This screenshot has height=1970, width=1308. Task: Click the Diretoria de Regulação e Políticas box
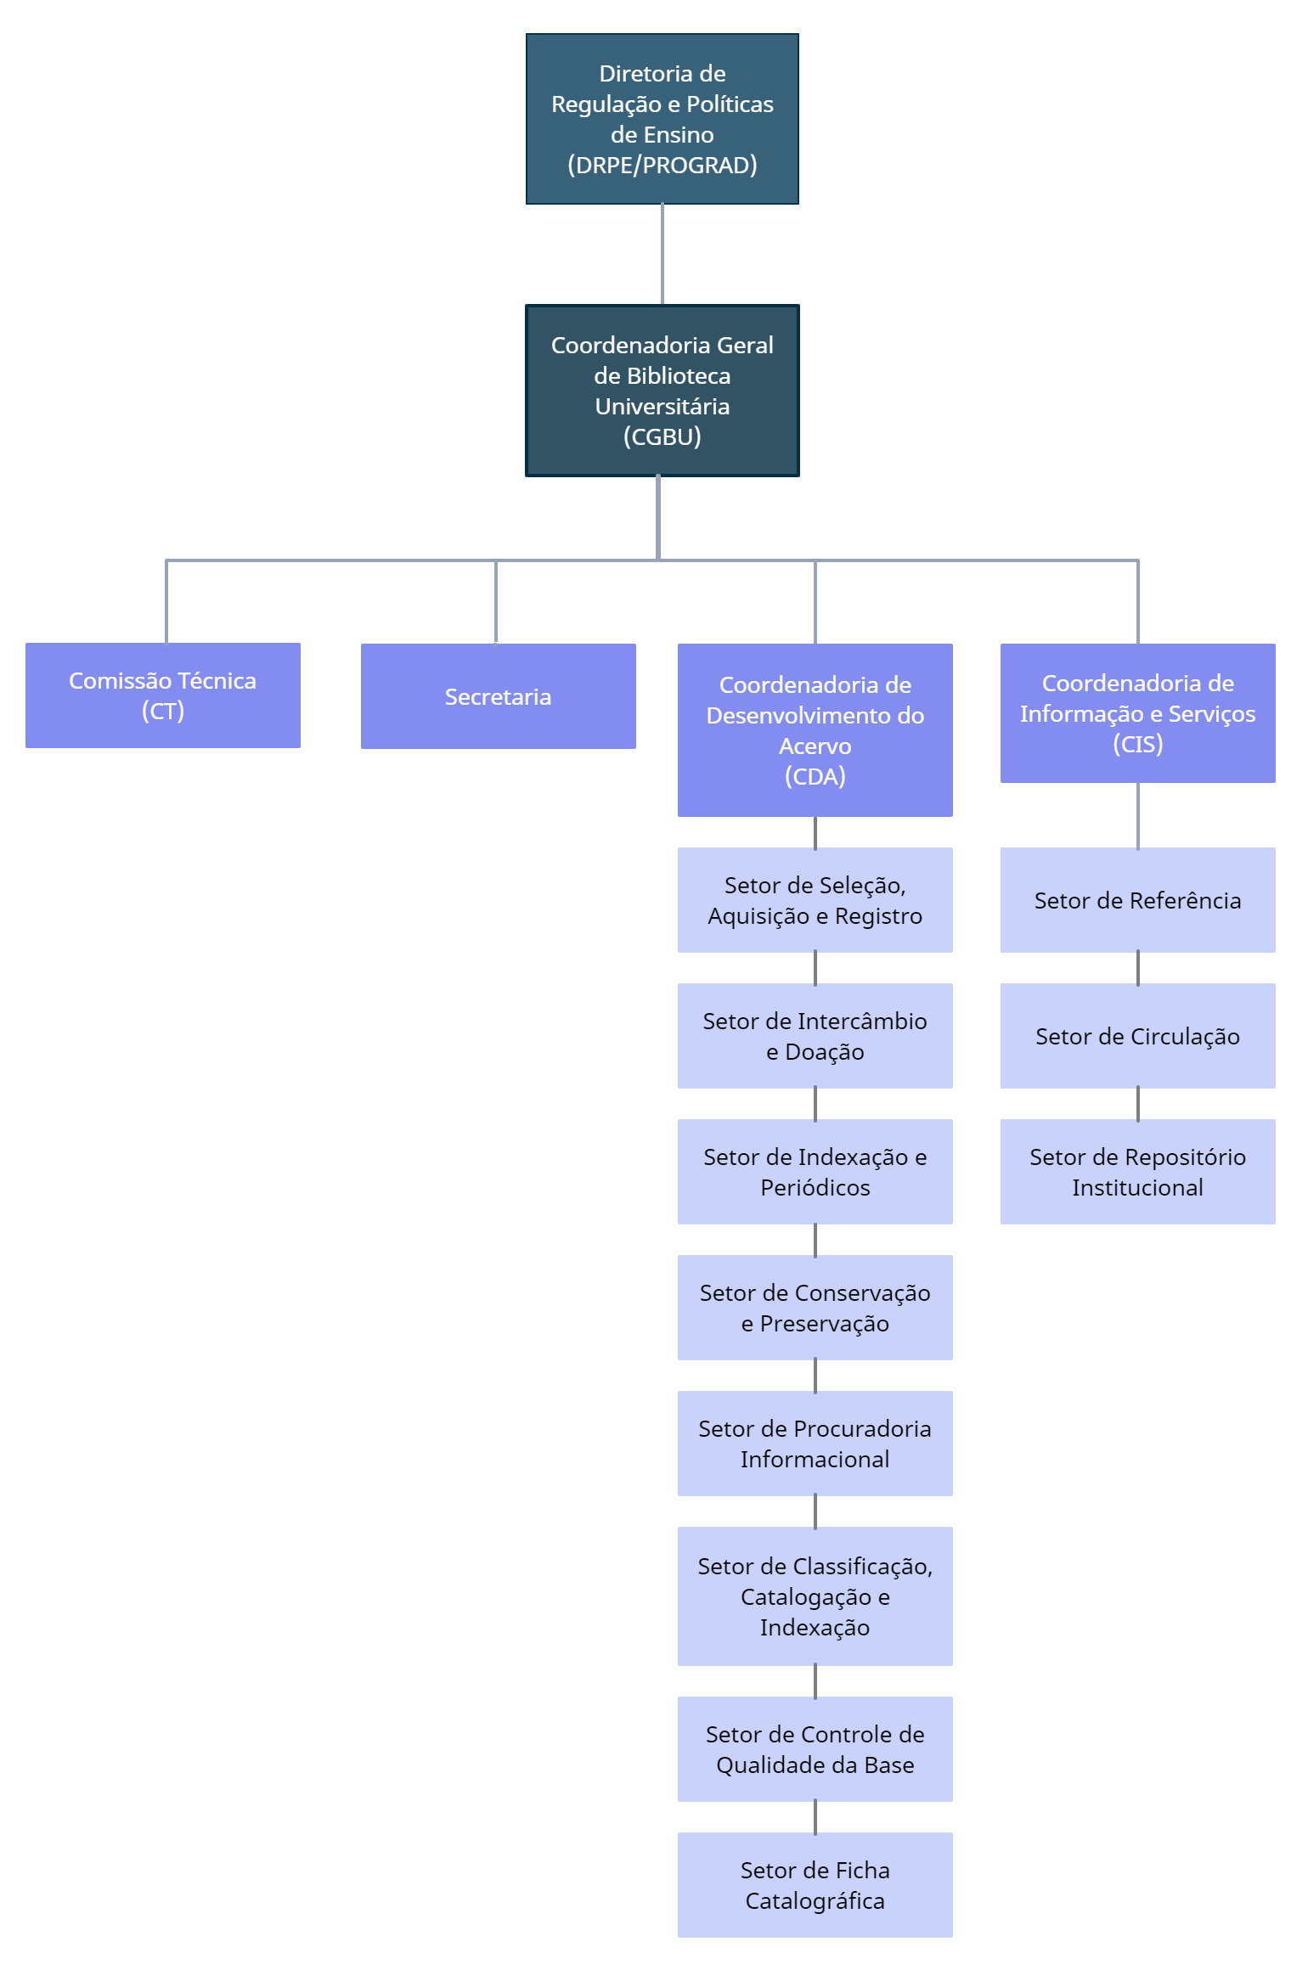click(662, 119)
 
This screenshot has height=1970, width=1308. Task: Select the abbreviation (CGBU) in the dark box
click(662, 436)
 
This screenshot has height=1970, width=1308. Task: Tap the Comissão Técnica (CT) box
click(162, 695)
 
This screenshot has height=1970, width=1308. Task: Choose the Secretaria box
click(498, 696)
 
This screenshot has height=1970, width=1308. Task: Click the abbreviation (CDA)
click(815, 776)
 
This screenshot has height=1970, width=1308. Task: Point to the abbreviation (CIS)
click(1137, 744)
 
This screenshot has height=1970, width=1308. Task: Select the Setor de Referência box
click(1137, 900)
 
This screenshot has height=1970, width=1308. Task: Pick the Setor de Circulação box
click(1137, 1036)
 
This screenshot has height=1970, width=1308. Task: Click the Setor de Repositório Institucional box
click(1137, 1172)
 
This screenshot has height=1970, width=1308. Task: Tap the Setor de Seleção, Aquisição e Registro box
click(815, 900)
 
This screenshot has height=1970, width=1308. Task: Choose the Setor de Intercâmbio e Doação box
click(815, 1036)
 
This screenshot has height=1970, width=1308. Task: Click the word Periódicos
click(815, 1187)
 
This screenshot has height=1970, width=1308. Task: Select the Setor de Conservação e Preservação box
click(815, 1308)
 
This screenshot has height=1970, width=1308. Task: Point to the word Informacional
click(815, 1459)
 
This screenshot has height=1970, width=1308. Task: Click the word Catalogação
click(805, 1596)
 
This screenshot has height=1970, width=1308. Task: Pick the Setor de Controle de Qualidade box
click(815, 1749)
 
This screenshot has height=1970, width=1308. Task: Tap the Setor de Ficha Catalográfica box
click(815, 1885)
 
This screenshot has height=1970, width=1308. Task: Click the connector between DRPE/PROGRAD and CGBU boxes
click(662, 255)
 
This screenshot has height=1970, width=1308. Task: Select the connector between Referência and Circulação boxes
click(1137, 968)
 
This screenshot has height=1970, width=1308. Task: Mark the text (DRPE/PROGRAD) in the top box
click(662, 165)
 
